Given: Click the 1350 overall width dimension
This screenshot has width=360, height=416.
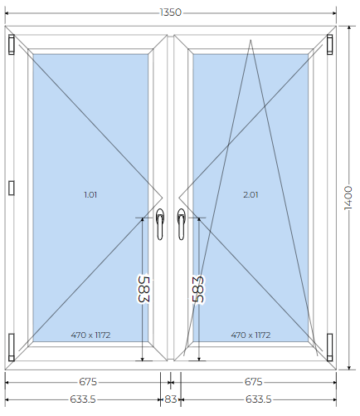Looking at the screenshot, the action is (171, 12).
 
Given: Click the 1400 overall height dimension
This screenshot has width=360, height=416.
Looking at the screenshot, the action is (348, 198).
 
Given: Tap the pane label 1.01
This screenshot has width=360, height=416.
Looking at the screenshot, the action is (90, 195).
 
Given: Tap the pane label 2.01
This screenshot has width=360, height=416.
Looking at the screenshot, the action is (251, 195).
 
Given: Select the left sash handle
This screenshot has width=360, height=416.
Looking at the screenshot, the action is (160, 224).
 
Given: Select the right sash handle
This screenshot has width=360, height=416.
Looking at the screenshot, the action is (181, 224).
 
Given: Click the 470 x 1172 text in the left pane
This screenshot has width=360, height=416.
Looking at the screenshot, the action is (90, 335).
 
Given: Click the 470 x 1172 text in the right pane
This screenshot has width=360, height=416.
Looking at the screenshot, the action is (251, 335).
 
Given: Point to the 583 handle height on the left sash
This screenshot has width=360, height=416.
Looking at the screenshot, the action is (144, 289).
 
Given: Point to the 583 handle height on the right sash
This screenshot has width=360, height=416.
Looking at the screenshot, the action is (198, 289).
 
